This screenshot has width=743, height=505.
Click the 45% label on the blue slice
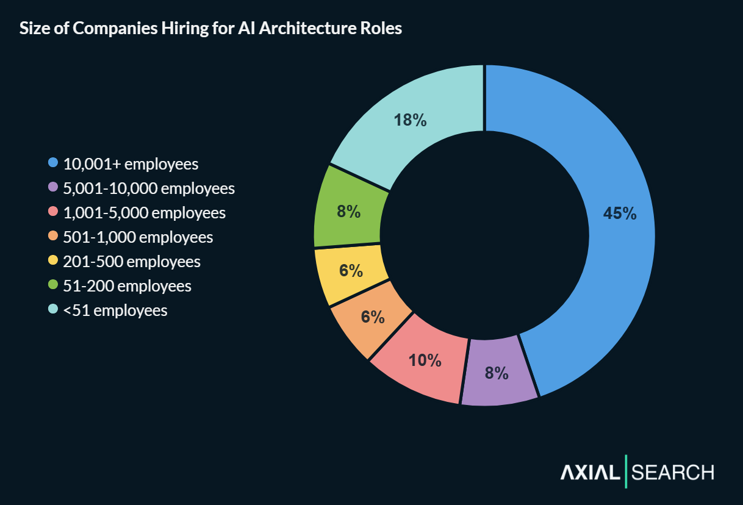tap(620, 213)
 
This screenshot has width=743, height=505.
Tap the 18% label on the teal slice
tap(410, 120)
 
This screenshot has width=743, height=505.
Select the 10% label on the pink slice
tap(425, 360)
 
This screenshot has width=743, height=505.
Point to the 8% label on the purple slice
tap(497, 373)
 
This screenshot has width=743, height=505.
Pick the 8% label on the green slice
tap(348, 212)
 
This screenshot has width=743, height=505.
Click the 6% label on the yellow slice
tap(351, 270)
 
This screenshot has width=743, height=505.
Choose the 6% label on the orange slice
tap(372, 317)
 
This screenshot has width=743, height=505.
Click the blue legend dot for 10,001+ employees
tap(53, 163)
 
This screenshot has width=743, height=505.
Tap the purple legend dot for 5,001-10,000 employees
tap(53, 188)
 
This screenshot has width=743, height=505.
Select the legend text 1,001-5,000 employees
tap(145, 213)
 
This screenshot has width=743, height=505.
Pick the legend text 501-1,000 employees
tap(138, 237)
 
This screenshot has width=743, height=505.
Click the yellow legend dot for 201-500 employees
tap(53, 261)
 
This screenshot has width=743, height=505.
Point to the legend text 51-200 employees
tap(127, 286)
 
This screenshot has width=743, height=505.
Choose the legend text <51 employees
tap(115, 310)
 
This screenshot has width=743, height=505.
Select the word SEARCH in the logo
tap(673, 472)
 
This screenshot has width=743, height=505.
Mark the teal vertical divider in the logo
tap(626, 471)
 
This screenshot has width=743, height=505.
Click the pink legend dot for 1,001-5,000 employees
tap(53, 212)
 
